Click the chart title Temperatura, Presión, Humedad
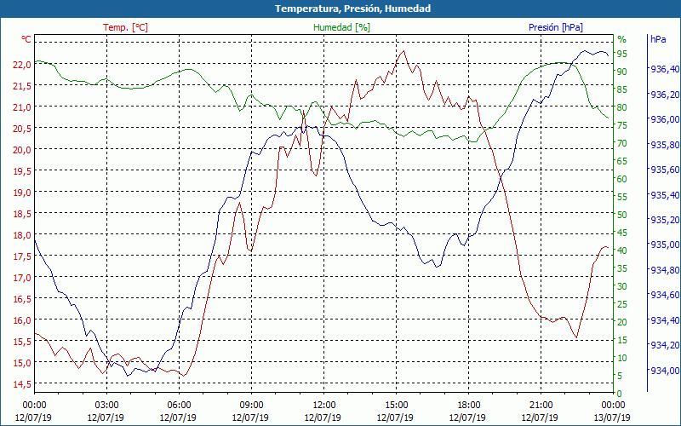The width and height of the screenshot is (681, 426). click(x=340, y=9)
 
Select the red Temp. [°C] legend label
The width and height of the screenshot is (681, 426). click(x=125, y=27)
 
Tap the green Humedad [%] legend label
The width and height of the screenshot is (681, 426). click(x=342, y=27)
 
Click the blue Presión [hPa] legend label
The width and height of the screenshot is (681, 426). click(x=556, y=27)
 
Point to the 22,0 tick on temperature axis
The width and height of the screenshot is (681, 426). click(x=21, y=65)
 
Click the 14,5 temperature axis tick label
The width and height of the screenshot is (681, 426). click(x=21, y=384)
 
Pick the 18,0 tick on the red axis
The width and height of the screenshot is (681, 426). click(x=21, y=235)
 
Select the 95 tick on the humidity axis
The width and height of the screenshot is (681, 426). click(x=622, y=54)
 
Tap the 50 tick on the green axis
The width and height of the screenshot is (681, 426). click(x=622, y=215)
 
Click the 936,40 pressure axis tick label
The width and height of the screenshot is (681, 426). click(x=664, y=69)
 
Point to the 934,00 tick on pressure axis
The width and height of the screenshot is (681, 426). click(x=664, y=371)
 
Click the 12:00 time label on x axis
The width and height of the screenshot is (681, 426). click(x=323, y=405)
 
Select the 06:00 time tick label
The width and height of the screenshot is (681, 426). click(x=179, y=405)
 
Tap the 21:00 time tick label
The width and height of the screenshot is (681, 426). click(x=541, y=405)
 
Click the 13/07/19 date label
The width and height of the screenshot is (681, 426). click(x=613, y=417)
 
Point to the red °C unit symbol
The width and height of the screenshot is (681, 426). click(x=26, y=39)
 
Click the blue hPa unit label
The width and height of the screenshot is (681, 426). click(x=658, y=39)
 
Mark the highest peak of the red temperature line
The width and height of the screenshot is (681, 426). click(x=403, y=51)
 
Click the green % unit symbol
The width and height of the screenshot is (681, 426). click(x=621, y=39)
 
